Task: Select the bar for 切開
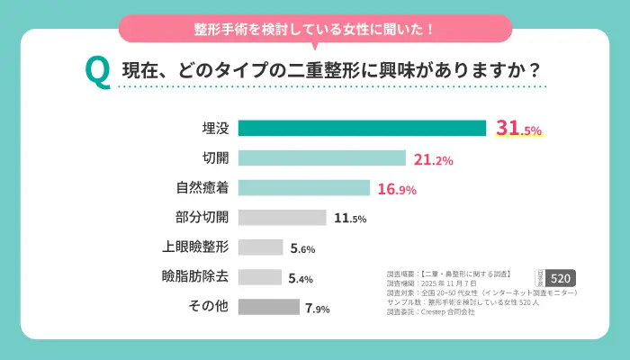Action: click(x=322, y=158)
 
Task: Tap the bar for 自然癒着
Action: click(x=304, y=188)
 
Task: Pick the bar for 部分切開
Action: click(x=283, y=218)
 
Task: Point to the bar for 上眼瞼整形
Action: click(x=261, y=247)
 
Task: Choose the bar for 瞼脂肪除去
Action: click(x=260, y=277)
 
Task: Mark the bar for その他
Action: click(x=269, y=307)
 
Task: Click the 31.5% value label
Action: click(x=519, y=129)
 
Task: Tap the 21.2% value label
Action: click(x=433, y=160)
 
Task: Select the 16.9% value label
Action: click(x=397, y=190)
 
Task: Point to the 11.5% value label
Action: click(x=350, y=219)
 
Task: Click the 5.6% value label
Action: click(x=303, y=248)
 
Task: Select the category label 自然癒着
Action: click(x=202, y=189)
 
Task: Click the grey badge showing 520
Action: click(x=562, y=278)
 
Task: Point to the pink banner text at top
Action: click(x=315, y=29)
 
